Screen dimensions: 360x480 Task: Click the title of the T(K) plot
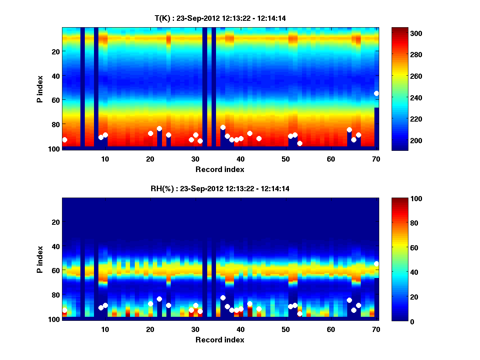point(220,18)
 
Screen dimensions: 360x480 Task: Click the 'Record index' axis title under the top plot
point(220,170)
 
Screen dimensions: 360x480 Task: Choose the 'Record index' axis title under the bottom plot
point(220,340)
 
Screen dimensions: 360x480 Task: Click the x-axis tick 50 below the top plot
point(286,159)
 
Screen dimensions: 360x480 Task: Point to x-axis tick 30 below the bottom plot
point(196,329)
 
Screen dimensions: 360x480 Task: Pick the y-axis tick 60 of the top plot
point(55,100)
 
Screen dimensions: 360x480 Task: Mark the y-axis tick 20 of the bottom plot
point(55,222)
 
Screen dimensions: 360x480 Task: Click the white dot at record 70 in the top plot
point(376,93)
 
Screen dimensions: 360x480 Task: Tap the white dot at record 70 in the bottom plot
point(376,264)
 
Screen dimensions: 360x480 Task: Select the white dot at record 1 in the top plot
point(64,140)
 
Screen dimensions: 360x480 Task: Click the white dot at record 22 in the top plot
point(159,128)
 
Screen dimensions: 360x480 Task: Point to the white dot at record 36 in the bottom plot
point(223,298)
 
